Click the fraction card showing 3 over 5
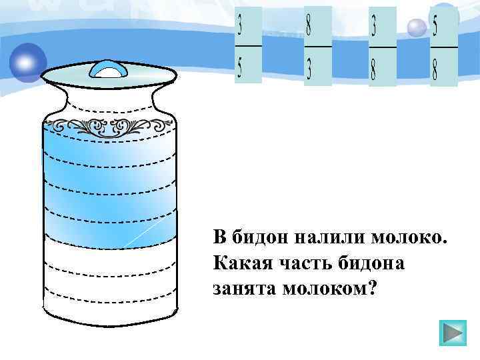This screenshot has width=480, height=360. pyautogui.click(x=248, y=45)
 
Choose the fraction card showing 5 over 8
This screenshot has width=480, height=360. pyautogui.click(x=444, y=46)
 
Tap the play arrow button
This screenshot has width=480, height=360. pyautogui.click(x=453, y=333)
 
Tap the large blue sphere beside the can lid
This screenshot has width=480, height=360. pyautogui.click(x=27, y=62)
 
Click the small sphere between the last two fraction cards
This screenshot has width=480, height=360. pyautogui.click(x=416, y=27)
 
